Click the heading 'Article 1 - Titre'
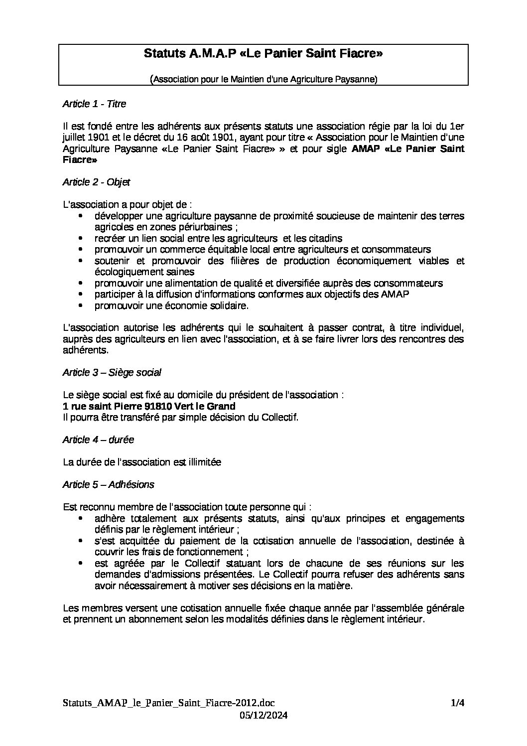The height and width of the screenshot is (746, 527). (x=94, y=104)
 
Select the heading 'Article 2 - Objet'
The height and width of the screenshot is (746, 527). (x=96, y=182)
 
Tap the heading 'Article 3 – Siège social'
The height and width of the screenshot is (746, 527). (x=112, y=373)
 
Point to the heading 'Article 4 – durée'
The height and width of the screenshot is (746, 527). (x=98, y=440)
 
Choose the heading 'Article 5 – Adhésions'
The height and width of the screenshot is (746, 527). (x=108, y=485)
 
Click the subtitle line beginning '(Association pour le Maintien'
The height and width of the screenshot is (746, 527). (x=263, y=79)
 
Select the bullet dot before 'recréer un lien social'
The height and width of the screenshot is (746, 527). (x=81, y=238)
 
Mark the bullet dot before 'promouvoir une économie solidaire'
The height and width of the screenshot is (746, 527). (x=81, y=305)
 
